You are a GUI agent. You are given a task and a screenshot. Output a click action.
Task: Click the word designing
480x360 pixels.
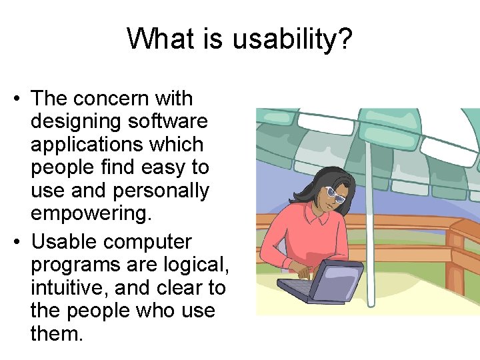71,122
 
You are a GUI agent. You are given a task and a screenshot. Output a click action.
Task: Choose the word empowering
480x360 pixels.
87,213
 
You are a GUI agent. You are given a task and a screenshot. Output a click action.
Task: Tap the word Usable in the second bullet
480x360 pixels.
65,241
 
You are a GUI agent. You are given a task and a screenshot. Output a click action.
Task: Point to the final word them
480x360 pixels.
57,333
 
